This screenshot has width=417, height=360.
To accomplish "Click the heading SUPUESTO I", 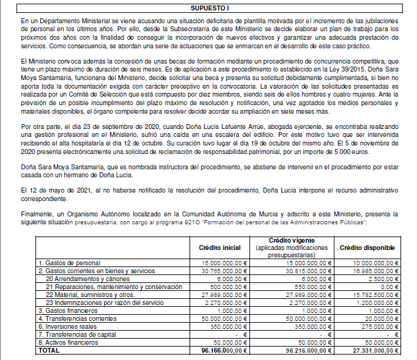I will (208, 8).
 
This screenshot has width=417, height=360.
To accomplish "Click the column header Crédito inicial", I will (220, 247).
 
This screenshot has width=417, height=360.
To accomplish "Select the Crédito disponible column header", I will (367, 247).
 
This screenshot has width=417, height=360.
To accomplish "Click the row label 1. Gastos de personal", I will (66, 262).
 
